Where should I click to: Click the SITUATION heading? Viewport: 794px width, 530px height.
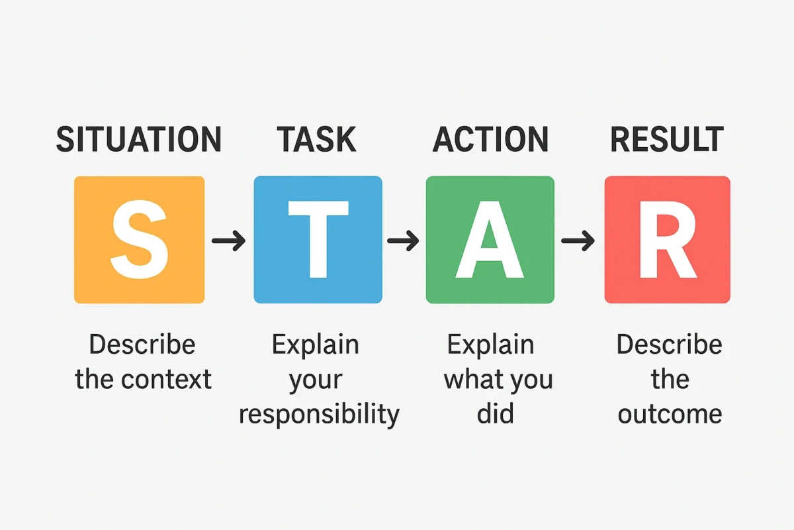click(x=139, y=140)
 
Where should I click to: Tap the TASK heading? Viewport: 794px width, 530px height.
click(x=317, y=140)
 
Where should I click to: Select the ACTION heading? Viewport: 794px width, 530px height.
click(x=490, y=140)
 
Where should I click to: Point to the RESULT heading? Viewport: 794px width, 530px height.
click(x=666, y=140)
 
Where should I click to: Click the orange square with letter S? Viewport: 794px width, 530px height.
click(x=140, y=240)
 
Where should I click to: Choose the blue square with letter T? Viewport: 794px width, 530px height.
click(x=318, y=240)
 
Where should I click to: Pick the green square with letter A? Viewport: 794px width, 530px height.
click(x=490, y=240)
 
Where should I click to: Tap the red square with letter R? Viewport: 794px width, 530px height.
click(x=667, y=240)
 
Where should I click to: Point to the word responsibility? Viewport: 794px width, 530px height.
click(x=319, y=415)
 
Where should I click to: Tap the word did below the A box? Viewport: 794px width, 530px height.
click(x=490, y=415)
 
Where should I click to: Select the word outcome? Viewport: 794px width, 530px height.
click(x=669, y=415)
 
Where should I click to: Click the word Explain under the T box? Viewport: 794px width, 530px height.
click(x=316, y=345)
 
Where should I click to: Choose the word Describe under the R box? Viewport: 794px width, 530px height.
click(x=669, y=345)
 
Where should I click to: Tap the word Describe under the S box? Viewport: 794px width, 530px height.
click(x=142, y=345)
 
